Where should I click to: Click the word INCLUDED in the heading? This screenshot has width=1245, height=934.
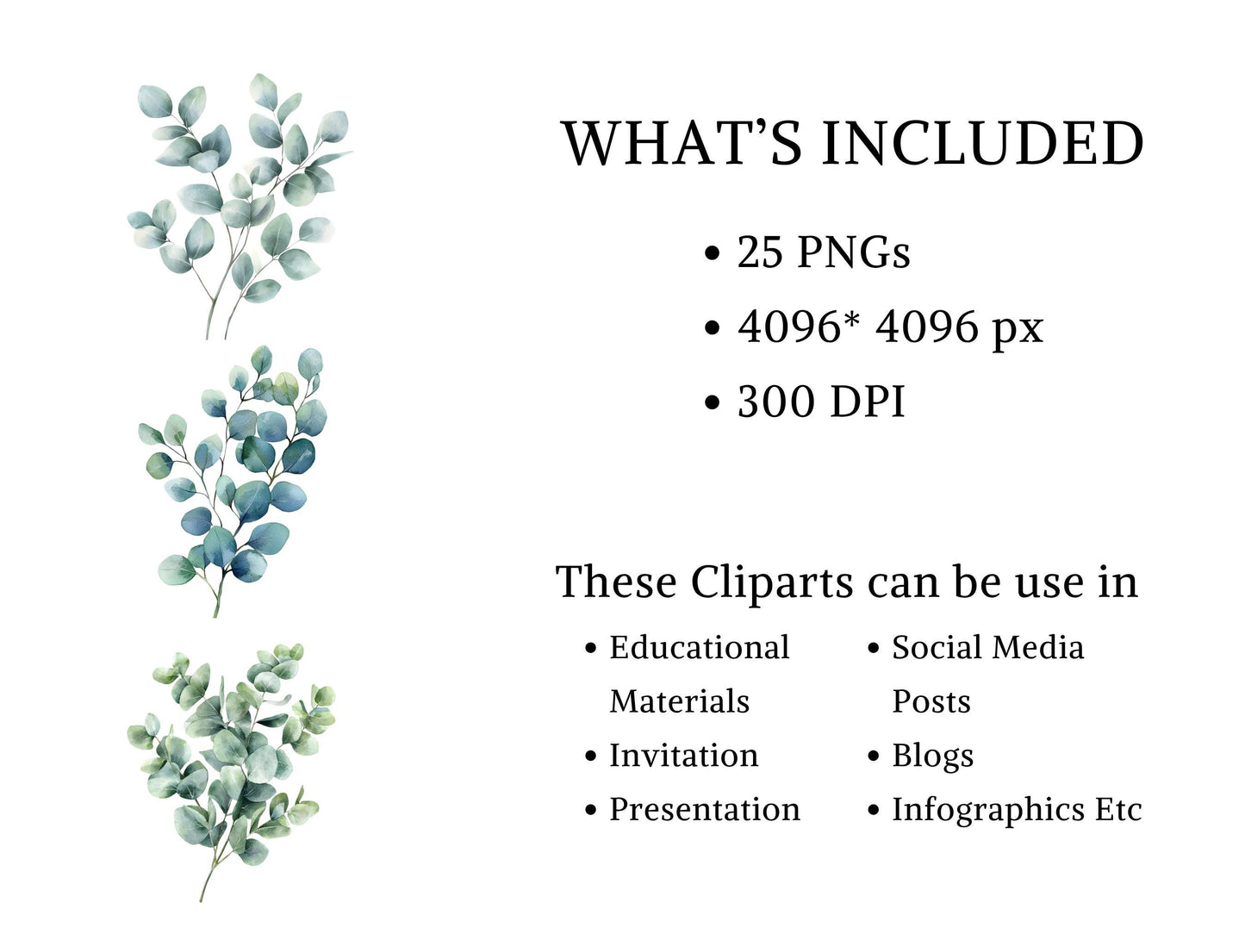pyautogui.click(x=982, y=144)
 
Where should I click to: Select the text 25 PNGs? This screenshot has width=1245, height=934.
pyautogui.click(x=823, y=252)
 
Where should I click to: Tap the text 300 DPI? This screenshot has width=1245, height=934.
pyautogui.click(x=820, y=402)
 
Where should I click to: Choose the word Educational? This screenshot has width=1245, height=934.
pyautogui.click(x=699, y=648)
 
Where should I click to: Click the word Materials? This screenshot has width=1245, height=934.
pyautogui.click(x=679, y=701)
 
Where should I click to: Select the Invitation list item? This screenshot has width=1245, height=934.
pyautogui.click(x=683, y=756)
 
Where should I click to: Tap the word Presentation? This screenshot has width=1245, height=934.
pyautogui.click(x=704, y=810)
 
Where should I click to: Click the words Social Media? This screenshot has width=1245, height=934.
pyautogui.click(x=987, y=648)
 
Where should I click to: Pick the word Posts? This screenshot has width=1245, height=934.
pyautogui.click(x=931, y=701)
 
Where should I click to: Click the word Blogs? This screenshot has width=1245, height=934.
pyautogui.click(x=932, y=757)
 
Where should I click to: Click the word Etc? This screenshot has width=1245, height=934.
pyautogui.click(x=1118, y=810)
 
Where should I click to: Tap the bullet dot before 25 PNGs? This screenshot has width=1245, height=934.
pyautogui.click(x=712, y=253)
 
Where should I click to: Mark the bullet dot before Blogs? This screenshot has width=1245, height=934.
pyautogui.click(x=874, y=757)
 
